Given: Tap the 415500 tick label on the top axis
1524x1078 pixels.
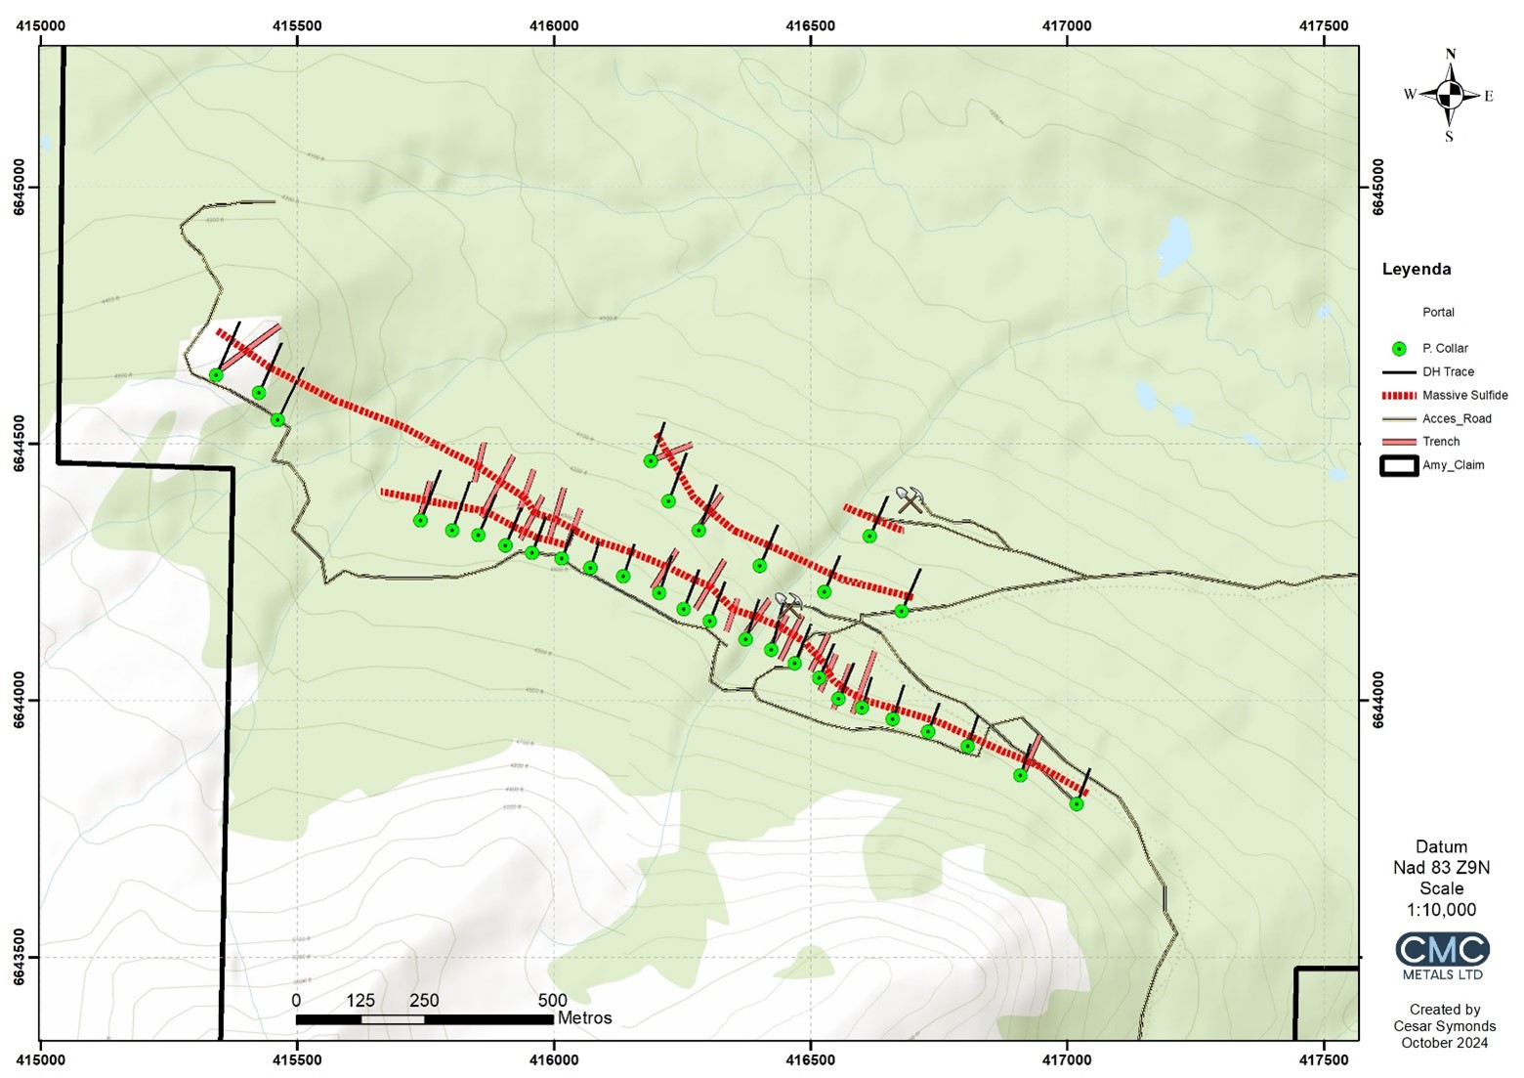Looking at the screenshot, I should click(297, 26).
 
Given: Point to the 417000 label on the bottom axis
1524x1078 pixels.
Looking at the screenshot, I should click(1067, 1058).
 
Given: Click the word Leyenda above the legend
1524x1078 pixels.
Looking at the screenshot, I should click(1416, 270).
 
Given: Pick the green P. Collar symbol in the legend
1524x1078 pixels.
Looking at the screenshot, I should click(1399, 349).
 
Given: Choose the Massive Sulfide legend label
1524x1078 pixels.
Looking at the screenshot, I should click(1464, 395).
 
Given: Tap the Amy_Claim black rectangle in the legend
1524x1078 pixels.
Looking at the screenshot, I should click(1398, 465).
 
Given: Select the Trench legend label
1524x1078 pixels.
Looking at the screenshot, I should click(1441, 442).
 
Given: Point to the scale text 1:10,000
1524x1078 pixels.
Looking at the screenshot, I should click(1441, 910).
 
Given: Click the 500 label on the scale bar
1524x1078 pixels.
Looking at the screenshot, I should click(552, 1001).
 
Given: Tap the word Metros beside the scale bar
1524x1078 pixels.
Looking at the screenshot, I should click(585, 1018).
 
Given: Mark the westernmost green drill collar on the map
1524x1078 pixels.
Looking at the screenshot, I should click(216, 375).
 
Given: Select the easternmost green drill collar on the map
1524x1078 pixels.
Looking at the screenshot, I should click(1077, 804).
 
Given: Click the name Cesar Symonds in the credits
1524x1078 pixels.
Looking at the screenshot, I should click(1444, 1026).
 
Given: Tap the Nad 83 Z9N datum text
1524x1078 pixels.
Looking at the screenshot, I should click(1441, 868).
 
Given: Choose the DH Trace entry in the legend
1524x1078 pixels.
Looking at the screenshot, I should click(1448, 371).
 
